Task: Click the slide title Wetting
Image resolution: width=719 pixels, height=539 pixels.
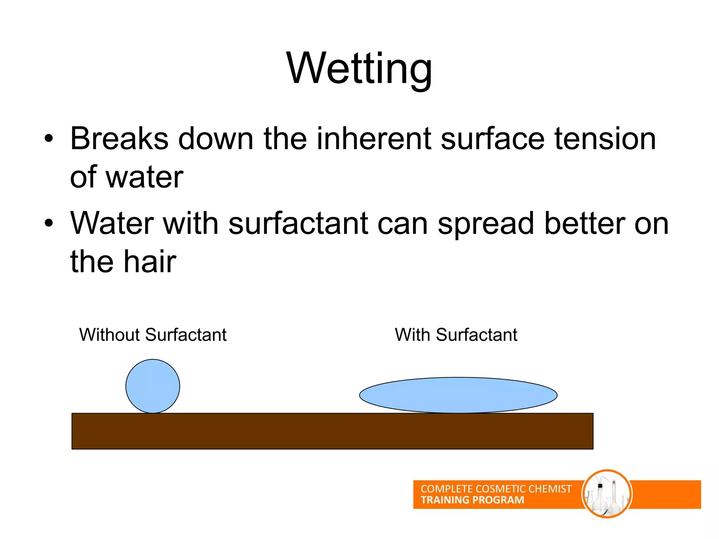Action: pos(359,68)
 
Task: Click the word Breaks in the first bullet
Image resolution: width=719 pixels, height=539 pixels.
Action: pos(119,139)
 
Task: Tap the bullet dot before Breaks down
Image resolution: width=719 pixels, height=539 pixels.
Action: pos(49,139)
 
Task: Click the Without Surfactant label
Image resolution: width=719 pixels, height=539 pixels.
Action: pos(153,335)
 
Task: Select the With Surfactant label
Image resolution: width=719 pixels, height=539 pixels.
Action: pos(456,335)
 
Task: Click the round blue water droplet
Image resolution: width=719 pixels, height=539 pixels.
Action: pos(153,386)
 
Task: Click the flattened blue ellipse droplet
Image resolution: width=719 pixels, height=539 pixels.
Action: pos(458,395)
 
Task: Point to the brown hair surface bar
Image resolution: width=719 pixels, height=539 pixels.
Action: pos(332,431)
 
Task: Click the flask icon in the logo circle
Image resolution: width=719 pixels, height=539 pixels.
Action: pos(607,494)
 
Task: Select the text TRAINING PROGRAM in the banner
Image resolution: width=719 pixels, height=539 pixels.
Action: pos(472,500)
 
